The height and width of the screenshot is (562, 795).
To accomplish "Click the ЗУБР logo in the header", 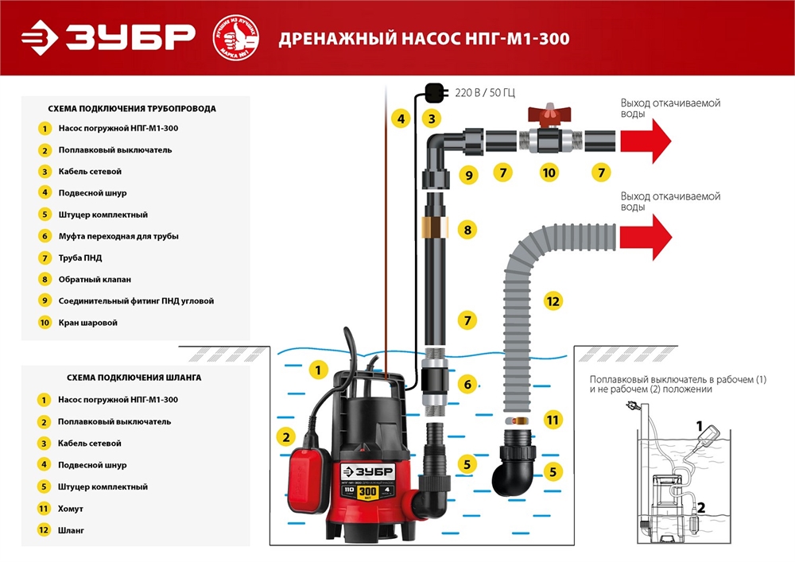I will pos(108,37).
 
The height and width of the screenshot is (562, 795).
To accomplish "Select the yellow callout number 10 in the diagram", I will pos(548,172).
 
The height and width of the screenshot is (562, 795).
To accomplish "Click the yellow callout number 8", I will pos(468,231).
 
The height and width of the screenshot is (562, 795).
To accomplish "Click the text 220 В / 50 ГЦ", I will pos(485,93).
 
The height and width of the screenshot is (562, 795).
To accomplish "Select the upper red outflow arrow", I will pos(645,141).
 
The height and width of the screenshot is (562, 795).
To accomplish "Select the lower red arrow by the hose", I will pos(645,237).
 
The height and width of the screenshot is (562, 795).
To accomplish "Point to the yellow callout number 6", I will pos(468,385).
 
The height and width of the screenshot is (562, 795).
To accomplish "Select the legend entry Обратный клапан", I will pos(94,279).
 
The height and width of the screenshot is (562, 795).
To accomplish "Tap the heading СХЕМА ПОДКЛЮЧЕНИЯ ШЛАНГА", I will pos(124,378).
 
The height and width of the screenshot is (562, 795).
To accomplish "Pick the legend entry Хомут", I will pos(71,508).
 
